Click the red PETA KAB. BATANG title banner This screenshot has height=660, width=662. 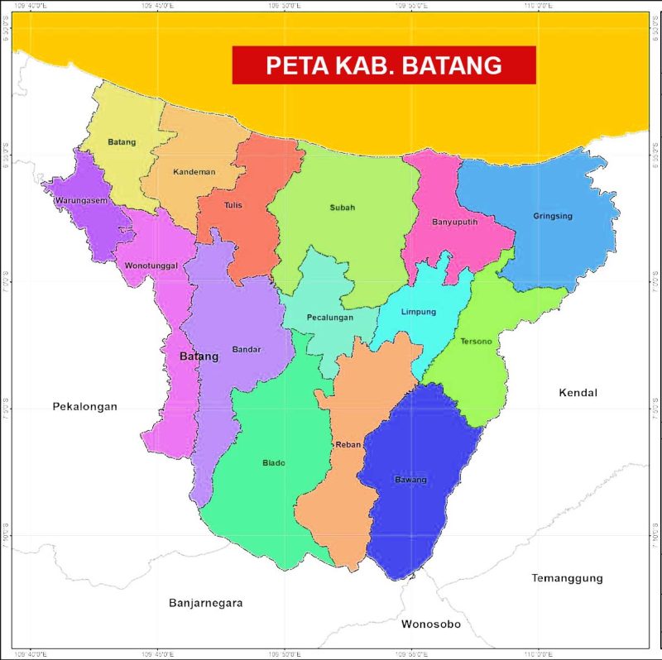(384, 65)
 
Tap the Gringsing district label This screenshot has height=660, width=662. (553, 217)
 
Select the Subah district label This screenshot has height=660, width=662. (342, 208)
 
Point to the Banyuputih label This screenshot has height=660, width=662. (455, 222)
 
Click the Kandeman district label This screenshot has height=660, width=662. (194, 172)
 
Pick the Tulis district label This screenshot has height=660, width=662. (233, 205)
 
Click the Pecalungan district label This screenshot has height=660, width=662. (330, 318)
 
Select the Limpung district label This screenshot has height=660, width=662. (418, 312)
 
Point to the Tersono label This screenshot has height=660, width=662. (476, 342)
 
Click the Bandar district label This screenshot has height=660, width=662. (247, 349)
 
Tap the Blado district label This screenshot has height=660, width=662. (274, 463)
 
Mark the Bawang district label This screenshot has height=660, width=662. (411, 480)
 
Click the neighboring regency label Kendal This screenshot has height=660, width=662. (578, 393)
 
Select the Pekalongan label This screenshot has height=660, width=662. (85, 406)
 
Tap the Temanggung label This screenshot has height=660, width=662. (567, 578)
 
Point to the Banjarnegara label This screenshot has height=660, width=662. (205, 603)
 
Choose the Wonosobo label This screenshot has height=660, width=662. (430, 624)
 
